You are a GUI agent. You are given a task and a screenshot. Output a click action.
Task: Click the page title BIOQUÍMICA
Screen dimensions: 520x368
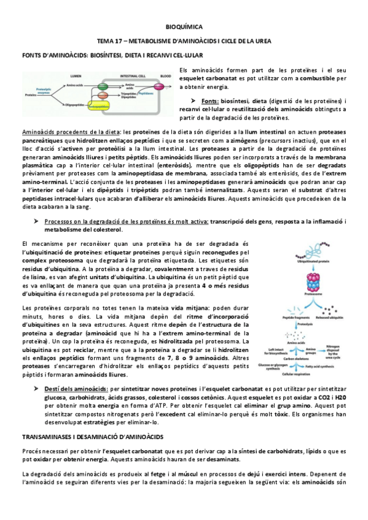[x=184, y=28]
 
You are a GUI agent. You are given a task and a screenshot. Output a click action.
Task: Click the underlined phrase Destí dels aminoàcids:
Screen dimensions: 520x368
[x=74, y=389]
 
